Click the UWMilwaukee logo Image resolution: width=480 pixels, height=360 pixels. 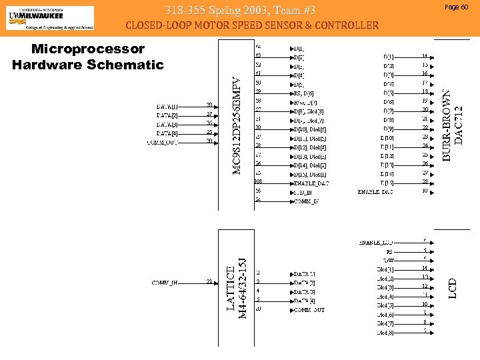(50, 18)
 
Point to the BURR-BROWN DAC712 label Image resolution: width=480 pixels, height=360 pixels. (453, 125)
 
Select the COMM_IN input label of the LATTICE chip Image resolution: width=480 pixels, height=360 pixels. (165, 282)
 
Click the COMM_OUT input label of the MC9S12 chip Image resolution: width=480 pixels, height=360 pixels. (165, 141)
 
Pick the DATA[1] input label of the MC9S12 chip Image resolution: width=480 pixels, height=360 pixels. (167, 106)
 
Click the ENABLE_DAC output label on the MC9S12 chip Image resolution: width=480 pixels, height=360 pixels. (309, 181)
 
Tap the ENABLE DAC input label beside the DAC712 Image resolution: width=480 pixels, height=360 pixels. (375, 191)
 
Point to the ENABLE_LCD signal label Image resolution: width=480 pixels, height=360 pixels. (377, 241)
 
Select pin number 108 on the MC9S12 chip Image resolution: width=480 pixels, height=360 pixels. (259, 181)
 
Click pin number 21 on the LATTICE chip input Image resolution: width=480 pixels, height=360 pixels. (209, 282)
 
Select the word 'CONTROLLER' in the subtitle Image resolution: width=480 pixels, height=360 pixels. (341, 26)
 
